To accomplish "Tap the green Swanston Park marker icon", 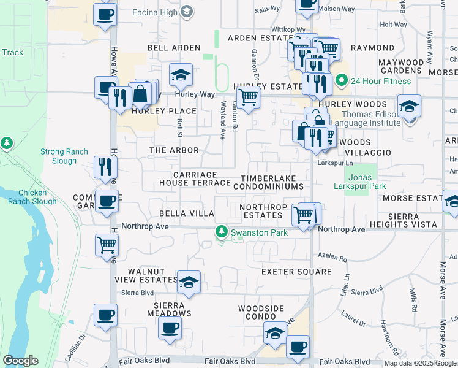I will tap(221, 232).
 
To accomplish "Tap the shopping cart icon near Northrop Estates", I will tap(304, 215).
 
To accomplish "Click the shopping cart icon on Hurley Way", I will tap(248, 97).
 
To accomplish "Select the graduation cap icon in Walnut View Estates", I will tap(189, 283).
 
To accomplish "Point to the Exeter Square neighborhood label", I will tap(296, 272).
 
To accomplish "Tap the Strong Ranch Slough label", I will tap(64, 156).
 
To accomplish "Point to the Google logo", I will tap(20, 361).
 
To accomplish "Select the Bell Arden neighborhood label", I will tap(174, 48).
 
